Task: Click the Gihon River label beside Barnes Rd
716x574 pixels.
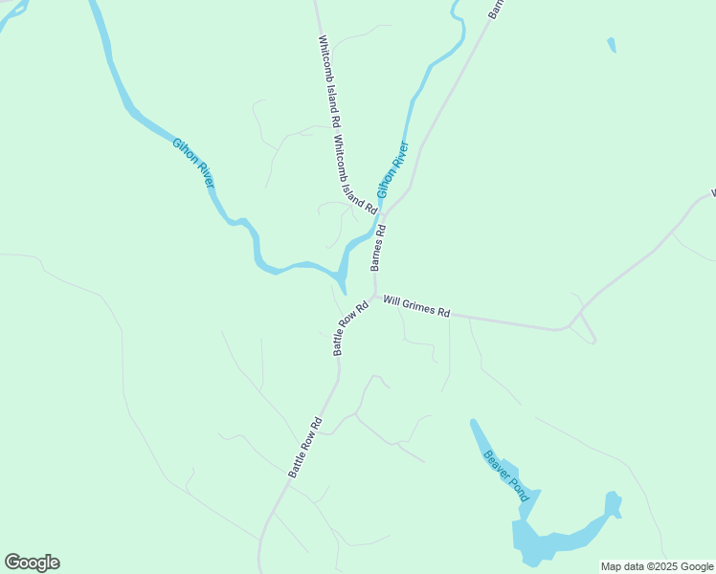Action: pyautogui.click(x=392, y=169)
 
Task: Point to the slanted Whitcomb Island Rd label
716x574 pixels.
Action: pyautogui.click(x=355, y=173)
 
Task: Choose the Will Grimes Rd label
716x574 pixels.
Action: pyautogui.click(x=416, y=306)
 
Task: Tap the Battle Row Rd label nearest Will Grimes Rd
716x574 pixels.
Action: pyautogui.click(x=350, y=329)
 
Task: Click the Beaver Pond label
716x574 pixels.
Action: pyautogui.click(x=504, y=475)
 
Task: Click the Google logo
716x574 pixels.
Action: pyautogui.click(x=32, y=563)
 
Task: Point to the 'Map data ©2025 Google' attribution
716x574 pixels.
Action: pyautogui.click(x=658, y=566)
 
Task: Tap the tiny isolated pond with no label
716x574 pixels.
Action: pyautogui.click(x=611, y=44)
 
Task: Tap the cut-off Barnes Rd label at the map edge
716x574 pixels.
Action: pyautogui.click(x=495, y=9)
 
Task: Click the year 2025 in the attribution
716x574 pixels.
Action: pyautogui.click(x=661, y=566)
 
